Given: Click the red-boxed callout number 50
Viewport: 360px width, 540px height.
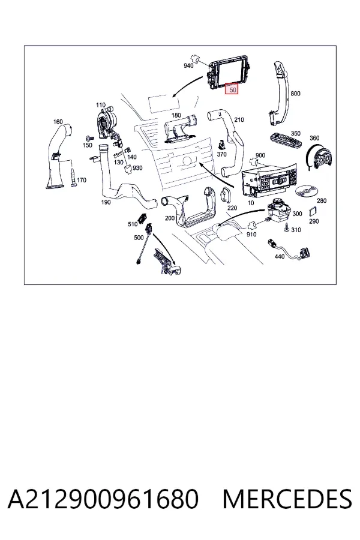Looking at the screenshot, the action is pos(233,89).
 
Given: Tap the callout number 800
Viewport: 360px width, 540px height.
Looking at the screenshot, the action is pos(296,94).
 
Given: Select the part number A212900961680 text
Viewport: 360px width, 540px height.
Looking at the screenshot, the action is pos(103,499).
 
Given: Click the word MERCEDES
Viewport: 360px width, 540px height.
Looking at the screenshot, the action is pos(287,499).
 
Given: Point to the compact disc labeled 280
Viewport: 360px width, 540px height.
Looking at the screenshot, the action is pos(306,191).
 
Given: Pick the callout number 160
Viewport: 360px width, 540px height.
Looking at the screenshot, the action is pos(58,122).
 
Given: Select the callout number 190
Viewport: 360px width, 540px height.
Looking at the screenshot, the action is pos(106,202).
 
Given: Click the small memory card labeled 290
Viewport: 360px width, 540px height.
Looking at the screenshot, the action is pos(313,211).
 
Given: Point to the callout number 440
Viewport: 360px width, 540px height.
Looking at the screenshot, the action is pos(280,257).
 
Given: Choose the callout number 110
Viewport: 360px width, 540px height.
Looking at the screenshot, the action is pos(101,105).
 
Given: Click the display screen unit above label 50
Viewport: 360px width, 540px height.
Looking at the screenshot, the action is pos(229,73).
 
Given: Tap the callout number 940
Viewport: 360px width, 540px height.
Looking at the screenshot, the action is pos(188,66).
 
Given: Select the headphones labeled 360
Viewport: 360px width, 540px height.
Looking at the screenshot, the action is pos(320,158).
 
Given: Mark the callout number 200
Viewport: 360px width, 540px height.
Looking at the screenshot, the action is pos(170,218).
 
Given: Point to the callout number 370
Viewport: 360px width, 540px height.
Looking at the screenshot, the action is pos(221,154).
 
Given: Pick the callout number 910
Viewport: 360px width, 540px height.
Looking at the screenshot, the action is pos(251,234).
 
